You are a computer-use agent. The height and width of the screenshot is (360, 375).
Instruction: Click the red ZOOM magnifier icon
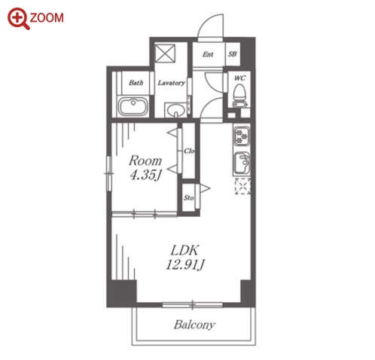pos(18,18)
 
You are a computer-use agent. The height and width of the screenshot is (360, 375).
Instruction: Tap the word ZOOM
pos(47,18)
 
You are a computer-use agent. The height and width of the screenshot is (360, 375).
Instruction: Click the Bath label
pos(136,83)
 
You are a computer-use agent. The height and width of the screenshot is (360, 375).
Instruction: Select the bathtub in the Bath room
pos(133,106)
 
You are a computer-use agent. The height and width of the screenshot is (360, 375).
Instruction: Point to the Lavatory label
pos(172,83)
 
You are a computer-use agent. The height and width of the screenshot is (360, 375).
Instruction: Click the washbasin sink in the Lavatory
pos(175,110)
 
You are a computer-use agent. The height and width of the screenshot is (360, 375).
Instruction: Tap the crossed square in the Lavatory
pos(165,53)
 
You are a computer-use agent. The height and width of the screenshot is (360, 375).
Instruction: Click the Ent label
pos(208,54)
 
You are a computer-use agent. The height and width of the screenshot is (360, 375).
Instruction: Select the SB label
pos(233,54)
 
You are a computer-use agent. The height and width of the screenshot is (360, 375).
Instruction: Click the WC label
pos(239,78)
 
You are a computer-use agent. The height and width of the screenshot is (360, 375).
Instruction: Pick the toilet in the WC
pos(239,96)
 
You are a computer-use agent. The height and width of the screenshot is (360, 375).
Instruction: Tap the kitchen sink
pos(242,163)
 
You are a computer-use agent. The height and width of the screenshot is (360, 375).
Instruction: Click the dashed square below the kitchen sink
pos(242,186)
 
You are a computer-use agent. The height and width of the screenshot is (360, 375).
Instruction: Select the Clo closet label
pos(189,151)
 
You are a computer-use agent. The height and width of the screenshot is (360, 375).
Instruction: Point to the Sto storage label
pos(188,198)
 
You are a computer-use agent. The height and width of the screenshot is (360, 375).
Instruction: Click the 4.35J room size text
pos(145,175)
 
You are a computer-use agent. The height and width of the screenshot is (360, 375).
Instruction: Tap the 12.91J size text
pos(185,264)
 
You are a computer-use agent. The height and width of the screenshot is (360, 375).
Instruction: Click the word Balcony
pos(194,325)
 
